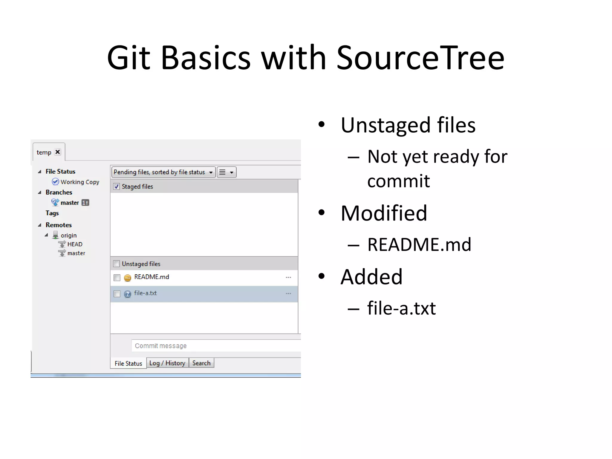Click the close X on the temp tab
[x=58, y=152]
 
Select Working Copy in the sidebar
[x=79, y=182]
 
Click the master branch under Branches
[x=70, y=203]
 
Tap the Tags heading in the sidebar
[x=52, y=213]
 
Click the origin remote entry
[x=68, y=235]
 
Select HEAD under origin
[x=74, y=244]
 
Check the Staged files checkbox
[x=117, y=186]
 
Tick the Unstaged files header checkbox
[x=117, y=264]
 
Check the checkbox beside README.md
[x=117, y=278]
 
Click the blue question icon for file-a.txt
[x=128, y=294]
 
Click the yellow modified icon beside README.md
[x=128, y=278]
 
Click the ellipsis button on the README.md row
[x=288, y=277]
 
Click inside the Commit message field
[x=215, y=346]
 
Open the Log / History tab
[x=167, y=363]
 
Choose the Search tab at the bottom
[x=201, y=363]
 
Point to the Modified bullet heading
[x=384, y=213]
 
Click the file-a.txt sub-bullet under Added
[x=401, y=308]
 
